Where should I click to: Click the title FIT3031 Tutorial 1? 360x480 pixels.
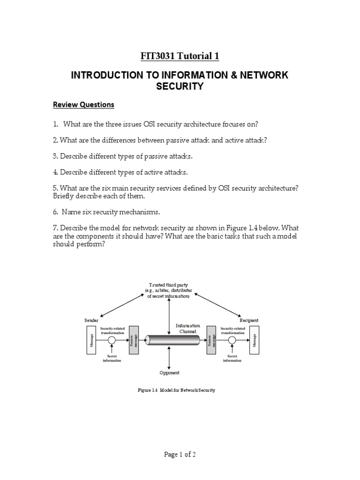[180, 57]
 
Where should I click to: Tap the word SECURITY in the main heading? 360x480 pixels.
[180, 87]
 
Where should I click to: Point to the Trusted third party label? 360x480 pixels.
[168, 290]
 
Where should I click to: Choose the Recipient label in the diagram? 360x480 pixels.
[249, 320]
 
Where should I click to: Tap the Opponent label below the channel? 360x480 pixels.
[169, 373]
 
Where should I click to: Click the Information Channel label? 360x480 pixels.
[187, 328]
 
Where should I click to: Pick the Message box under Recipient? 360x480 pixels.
[255, 340]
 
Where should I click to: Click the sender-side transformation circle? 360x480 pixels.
[112, 340]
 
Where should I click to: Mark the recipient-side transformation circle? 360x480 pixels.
[232, 340]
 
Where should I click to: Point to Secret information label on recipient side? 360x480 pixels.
[232, 358]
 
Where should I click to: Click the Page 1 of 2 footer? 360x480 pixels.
[180, 455]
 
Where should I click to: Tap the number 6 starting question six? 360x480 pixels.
[55, 212]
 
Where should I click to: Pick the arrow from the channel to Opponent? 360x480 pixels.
[169, 359]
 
